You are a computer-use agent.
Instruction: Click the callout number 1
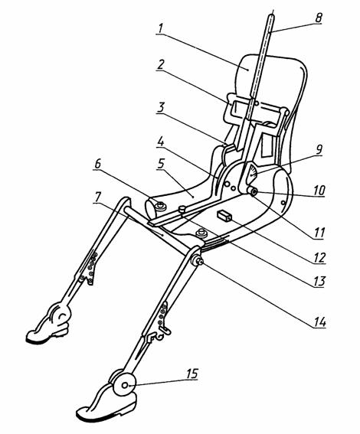160,28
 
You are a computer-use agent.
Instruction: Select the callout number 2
161,64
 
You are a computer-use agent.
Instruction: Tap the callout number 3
161,107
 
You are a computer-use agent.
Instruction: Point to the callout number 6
98,164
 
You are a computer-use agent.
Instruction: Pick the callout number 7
97,197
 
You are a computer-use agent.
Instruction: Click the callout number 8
319,18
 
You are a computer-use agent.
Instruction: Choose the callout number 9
319,150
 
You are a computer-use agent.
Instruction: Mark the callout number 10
319,190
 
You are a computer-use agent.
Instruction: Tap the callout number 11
319,233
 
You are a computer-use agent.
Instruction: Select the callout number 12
319,257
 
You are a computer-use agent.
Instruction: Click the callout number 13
319,281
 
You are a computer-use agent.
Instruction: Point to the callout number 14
319,322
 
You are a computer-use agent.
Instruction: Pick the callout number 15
192,374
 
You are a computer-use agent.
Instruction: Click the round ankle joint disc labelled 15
124,385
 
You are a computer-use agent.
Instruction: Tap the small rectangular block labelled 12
224,216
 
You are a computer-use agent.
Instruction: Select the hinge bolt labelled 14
198,260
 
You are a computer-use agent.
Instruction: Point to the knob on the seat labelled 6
160,206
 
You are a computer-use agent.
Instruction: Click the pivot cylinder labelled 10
253,191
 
